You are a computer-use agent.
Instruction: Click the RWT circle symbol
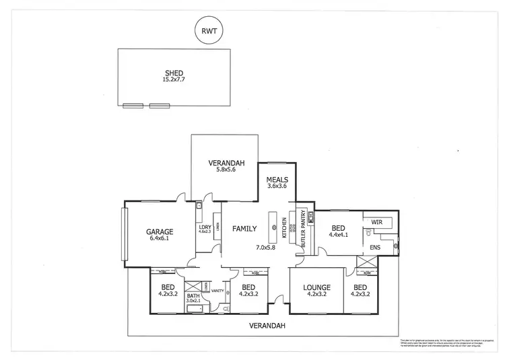click(x=209, y=30)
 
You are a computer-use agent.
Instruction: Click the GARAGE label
click(x=160, y=232)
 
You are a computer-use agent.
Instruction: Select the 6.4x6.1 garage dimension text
click(x=160, y=239)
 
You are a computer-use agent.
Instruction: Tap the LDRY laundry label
click(x=205, y=227)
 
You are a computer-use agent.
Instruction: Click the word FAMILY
click(x=244, y=229)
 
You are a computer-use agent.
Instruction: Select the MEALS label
click(x=277, y=180)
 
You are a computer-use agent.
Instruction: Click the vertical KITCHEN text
click(x=285, y=229)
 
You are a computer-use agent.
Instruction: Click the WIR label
click(x=376, y=221)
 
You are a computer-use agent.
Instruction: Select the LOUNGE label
click(x=316, y=287)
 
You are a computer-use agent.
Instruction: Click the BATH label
click(x=193, y=295)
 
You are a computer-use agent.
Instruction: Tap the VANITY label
click(x=217, y=291)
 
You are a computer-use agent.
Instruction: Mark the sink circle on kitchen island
click(x=274, y=228)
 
